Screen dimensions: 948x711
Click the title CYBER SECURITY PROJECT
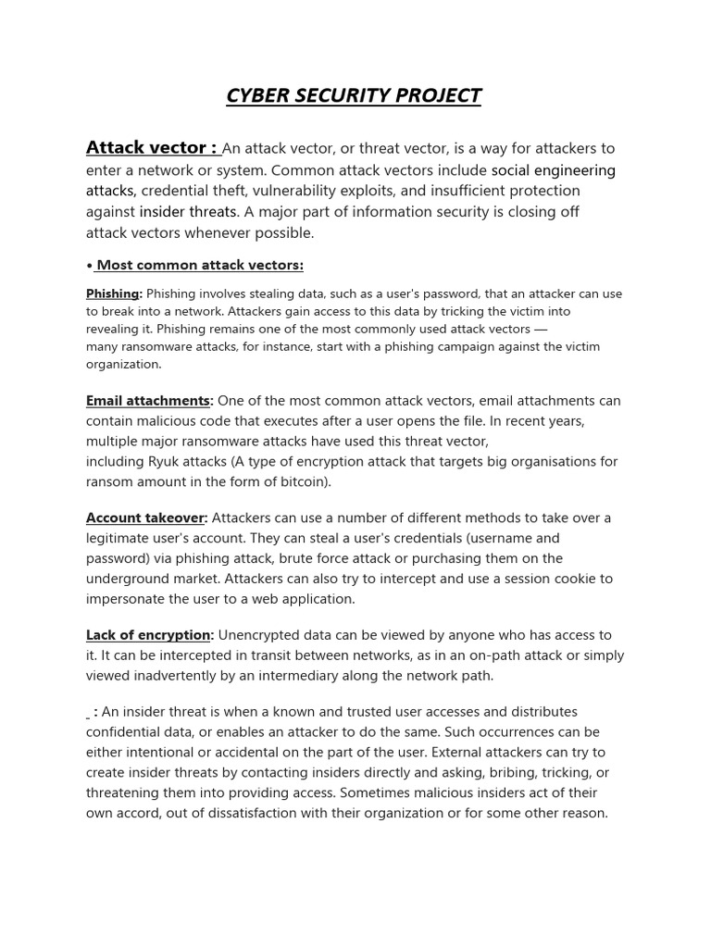click(x=355, y=95)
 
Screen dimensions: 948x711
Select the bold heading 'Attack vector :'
click(x=152, y=148)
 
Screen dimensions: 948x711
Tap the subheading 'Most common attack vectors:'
click(x=200, y=266)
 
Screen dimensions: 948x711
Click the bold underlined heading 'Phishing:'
click(x=114, y=293)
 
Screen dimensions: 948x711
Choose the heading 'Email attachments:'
click(x=149, y=401)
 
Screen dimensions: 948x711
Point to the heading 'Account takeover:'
click(x=146, y=518)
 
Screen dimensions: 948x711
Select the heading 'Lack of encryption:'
click(x=149, y=635)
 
